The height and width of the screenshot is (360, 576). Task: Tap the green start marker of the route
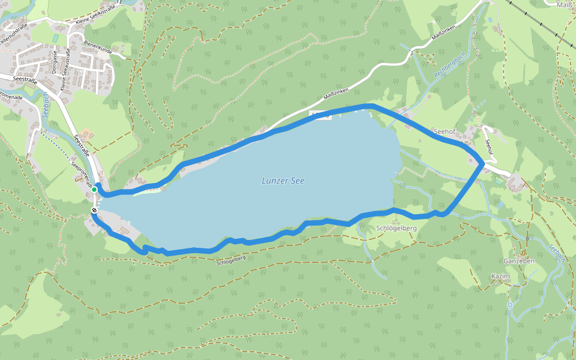point(94,190)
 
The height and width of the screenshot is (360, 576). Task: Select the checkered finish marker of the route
point(94,210)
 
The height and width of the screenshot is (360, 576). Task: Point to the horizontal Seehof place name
point(443,131)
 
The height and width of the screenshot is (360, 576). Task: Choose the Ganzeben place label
point(520,262)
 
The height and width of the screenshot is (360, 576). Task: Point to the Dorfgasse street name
point(54,62)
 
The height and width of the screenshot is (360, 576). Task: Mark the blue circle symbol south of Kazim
point(509,305)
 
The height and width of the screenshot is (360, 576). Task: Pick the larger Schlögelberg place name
point(397,228)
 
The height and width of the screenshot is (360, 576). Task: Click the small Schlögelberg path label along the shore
point(231,260)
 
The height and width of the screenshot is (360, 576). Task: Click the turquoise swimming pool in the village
point(56,38)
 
